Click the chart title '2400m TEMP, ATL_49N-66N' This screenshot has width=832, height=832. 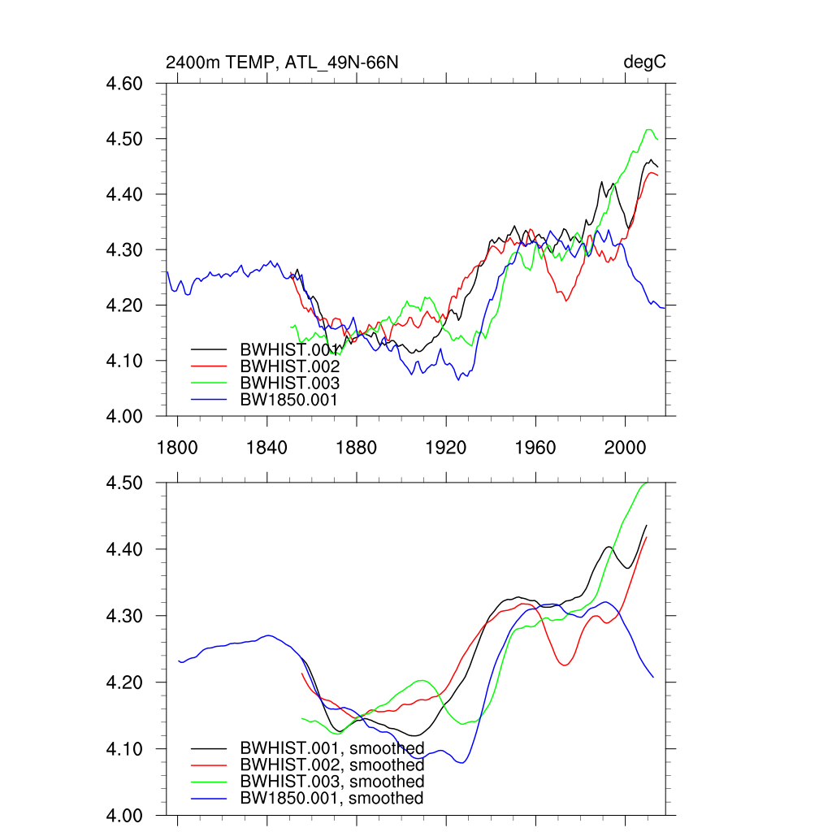[x=282, y=63]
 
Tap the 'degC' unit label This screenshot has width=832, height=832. [x=644, y=63]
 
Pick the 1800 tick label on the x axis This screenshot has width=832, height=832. [x=177, y=448]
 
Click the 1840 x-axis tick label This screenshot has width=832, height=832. [x=267, y=448]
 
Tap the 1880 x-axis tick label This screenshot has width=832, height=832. [x=357, y=448]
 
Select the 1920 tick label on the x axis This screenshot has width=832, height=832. [x=446, y=448]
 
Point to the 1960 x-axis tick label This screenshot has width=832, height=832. [x=535, y=448]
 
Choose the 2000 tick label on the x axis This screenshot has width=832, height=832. [x=626, y=448]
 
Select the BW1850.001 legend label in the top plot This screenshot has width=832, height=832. [x=288, y=400]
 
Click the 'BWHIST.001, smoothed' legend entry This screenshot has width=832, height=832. [x=331, y=748]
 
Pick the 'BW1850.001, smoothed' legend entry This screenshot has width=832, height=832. [x=331, y=799]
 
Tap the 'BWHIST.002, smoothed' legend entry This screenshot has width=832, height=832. [x=331, y=765]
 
